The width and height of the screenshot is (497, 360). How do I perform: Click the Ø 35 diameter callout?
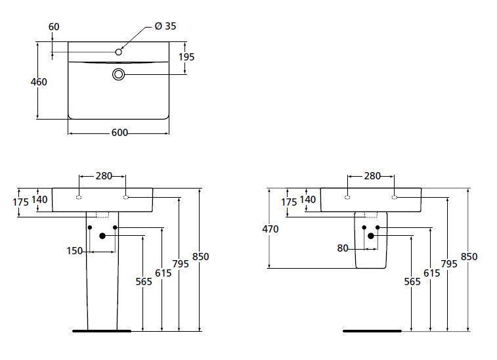(x=165, y=26)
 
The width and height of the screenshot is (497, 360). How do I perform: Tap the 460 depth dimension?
(x=39, y=82)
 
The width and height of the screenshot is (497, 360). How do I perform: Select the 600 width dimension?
(x=119, y=133)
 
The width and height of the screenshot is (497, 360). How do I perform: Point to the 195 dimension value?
(x=186, y=57)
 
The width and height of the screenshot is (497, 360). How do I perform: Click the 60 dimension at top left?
(x=54, y=27)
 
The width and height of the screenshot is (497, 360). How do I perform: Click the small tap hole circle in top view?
(x=119, y=52)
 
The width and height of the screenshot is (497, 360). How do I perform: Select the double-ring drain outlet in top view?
(x=119, y=74)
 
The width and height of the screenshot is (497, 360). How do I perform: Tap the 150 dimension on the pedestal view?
(x=74, y=251)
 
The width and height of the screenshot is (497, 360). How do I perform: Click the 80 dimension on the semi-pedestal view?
(x=343, y=248)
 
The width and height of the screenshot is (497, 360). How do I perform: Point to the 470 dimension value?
(x=270, y=229)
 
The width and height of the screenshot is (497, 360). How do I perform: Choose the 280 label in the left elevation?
(x=104, y=175)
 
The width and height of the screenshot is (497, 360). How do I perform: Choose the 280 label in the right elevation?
(x=372, y=175)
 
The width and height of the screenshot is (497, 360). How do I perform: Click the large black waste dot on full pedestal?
(x=102, y=236)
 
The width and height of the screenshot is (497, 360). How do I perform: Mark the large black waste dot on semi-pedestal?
(x=370, y=236)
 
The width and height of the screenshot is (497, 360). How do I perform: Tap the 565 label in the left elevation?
(x=144, y=282)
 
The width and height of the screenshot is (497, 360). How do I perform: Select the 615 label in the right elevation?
(x=432, y=273)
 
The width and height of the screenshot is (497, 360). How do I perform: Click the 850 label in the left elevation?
(x=201, y=257)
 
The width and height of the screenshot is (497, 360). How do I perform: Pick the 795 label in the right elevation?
(x=449, y=264)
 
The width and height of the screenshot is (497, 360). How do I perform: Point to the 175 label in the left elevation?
(x=20, y=202)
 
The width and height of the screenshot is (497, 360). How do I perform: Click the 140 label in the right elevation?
(x=308, y=200)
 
